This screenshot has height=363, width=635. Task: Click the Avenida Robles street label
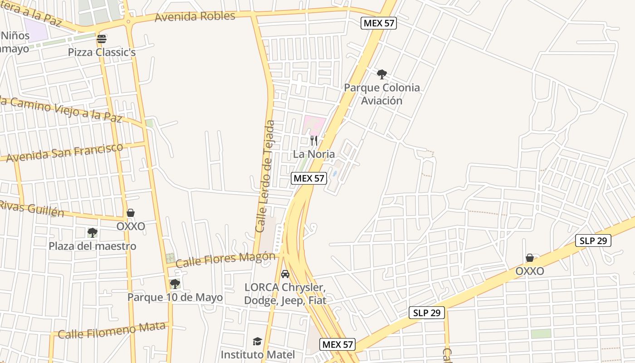(x=195, y=16)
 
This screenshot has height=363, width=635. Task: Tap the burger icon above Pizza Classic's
(x=102, y=39)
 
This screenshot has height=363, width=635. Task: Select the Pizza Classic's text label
(x=102, y=52)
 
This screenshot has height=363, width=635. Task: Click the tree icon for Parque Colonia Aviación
(x=382, y=74)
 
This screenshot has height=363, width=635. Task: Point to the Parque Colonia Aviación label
(x=382, y=94)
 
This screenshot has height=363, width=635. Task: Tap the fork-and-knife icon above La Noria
(x=314, y=140)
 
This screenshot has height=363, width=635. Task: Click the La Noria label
(x=314, y=154)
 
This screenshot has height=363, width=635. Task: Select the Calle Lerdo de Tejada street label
(x=266, y=176)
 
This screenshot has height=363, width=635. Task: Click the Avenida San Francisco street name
(x=64, y=153)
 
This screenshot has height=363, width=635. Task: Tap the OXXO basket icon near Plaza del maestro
(x=131, y=213)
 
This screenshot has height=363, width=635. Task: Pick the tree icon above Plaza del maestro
(x=93, y=233)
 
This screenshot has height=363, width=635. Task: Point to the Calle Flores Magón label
(x=225, y=260)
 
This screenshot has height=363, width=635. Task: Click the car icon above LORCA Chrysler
(x=285, y=274)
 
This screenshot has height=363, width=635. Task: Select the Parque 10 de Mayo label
(x=175, y=297)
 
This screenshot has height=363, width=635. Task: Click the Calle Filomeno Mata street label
(x=112, y=331)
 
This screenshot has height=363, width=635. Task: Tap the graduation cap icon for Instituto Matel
(x=258, y=341)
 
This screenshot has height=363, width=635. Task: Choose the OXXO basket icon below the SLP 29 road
(x=529, y=258)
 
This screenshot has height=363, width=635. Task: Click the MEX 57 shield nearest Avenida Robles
(x=379, y=23)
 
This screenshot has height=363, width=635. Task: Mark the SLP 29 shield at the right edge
(x=593, y=240)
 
